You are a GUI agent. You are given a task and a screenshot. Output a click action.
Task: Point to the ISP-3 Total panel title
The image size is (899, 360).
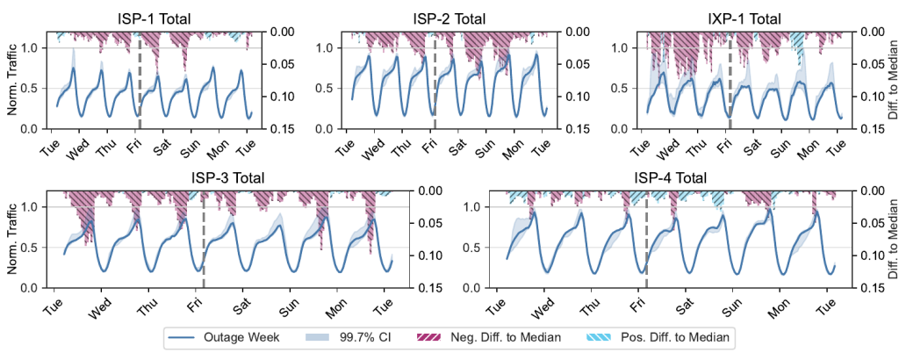pyautogui.click(x=227, y=178)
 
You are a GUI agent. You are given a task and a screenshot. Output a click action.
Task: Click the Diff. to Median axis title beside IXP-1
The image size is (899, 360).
pyautogui.click(x=888, y=80)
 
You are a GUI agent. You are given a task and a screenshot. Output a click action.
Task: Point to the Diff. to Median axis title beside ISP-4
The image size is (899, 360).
pyautogui.click(x=888, y=240)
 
